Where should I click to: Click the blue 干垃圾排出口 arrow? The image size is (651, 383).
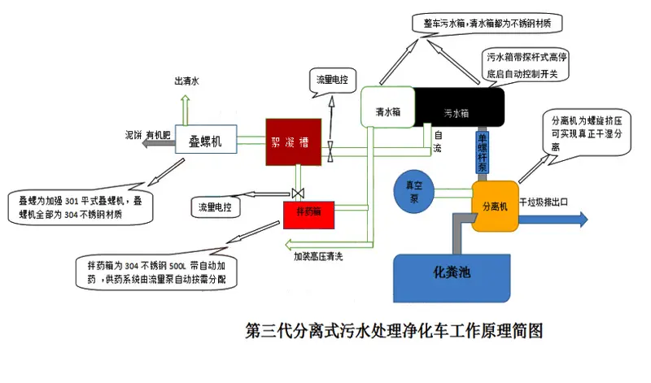(561, 219)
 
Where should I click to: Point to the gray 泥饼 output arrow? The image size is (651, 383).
(155, 143)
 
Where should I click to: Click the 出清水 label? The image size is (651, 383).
(186, 82)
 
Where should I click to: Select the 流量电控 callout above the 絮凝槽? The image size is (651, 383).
(333, 81)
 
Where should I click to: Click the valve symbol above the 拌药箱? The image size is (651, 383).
(295, 193)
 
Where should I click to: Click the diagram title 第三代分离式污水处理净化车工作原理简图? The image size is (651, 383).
(394, 331)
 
